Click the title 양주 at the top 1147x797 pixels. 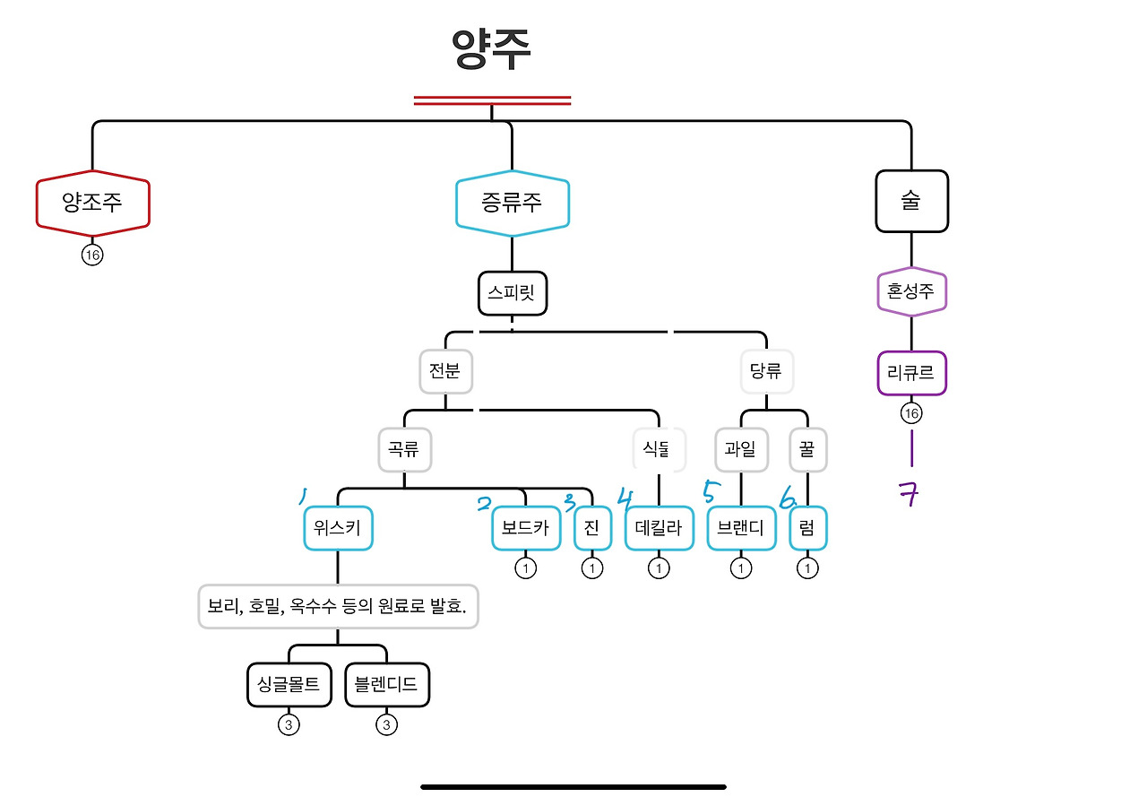pos(491,49)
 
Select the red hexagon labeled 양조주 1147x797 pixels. pos(92,204)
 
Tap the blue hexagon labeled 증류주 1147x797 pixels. pos(512,204)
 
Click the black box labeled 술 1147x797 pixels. pos(911,201)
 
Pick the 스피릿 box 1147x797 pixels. pos(512,293)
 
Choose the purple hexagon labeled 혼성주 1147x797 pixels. pos(911,291)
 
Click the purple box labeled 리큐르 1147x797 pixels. pos(911,373)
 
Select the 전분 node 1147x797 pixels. pos(445,371)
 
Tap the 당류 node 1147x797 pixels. pos(766,371)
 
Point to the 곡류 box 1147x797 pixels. pos(404,450)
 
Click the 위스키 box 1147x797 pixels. pos(338,528)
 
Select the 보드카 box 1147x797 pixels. pos(526,528)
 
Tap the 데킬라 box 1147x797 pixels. pos(659,528)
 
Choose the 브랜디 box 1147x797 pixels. pos(741,528)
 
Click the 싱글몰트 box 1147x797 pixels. pos(289,685)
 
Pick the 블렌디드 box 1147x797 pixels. pos(387,685)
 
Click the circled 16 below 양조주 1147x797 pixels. pos(92,256)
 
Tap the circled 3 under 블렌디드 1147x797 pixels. pos(386,724)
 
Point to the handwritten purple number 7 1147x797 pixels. pos(909,494)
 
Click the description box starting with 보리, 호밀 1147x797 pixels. pos(338,606)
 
